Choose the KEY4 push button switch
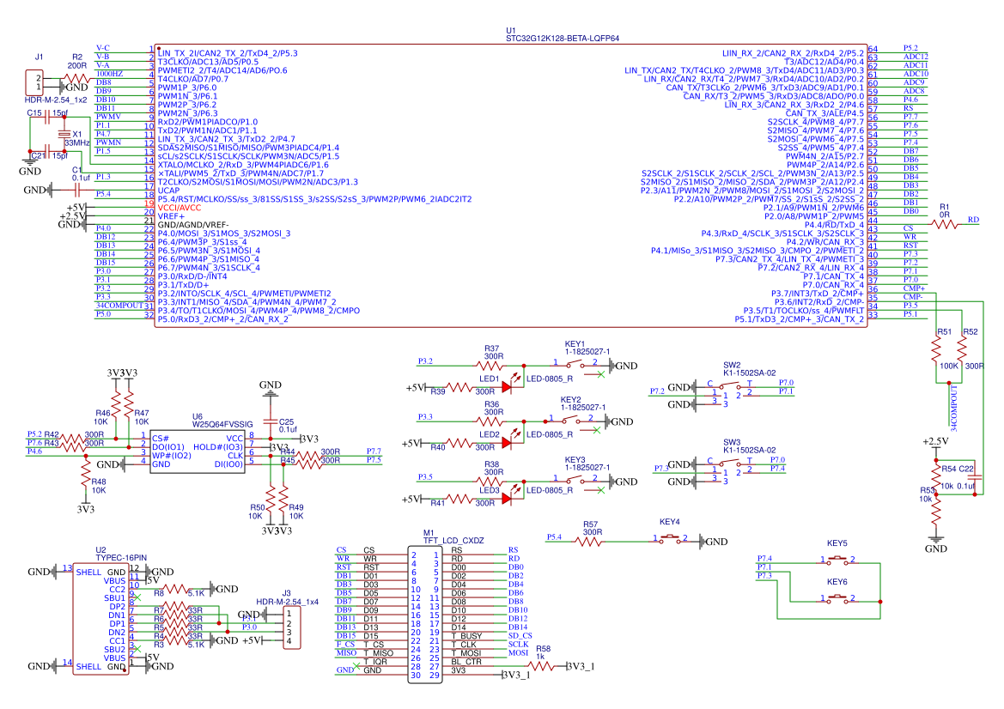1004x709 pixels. [670, 539]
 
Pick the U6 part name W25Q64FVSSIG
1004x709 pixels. [222, 424]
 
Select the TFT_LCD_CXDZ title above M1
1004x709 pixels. [454, 541]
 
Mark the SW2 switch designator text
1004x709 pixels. [732, 364]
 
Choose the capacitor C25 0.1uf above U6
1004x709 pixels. [271, 423]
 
